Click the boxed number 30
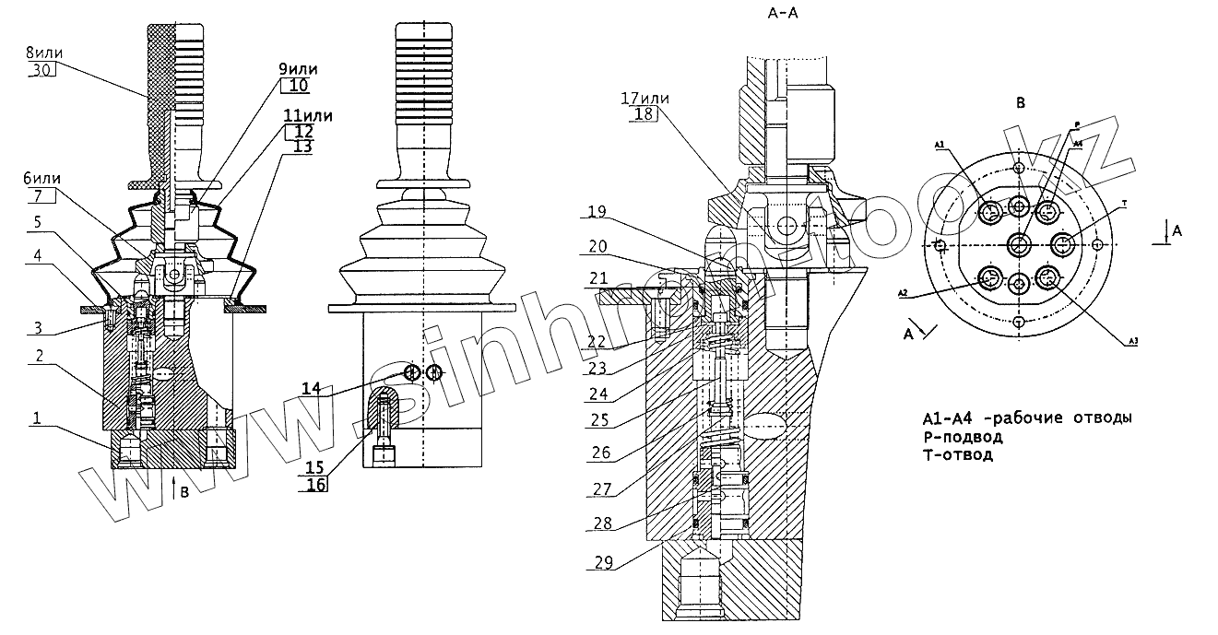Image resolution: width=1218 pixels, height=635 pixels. (44, 70)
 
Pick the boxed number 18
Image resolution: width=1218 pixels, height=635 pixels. (644, 113)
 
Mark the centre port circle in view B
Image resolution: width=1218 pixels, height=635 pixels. (1019, 244)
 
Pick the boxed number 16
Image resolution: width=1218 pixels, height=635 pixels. (316, 485)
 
